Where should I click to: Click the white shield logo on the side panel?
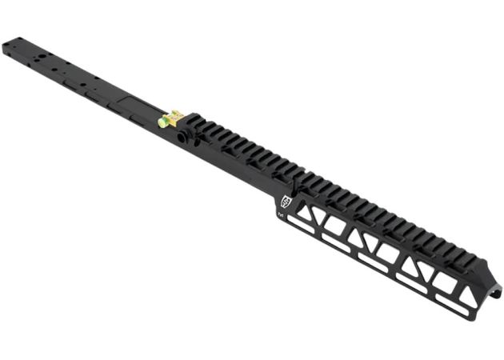tap(285, 202)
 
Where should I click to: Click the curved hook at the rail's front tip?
tap(495, 290)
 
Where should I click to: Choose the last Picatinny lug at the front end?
tap(478, 262)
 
